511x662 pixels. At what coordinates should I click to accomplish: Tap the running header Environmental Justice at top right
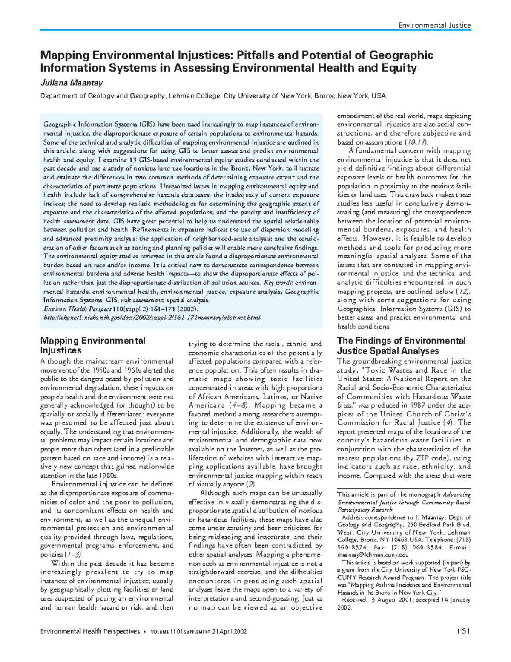pyautogui.click(x=434, y=25)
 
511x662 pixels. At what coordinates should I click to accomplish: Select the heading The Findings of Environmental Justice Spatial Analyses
pyautogui.click(x=401, y=346)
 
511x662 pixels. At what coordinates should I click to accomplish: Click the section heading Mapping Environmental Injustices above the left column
pyautogui.click(x=92, y=345)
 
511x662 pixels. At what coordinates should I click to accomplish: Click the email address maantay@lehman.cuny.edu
pyautogui.click(x=373, y=555)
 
